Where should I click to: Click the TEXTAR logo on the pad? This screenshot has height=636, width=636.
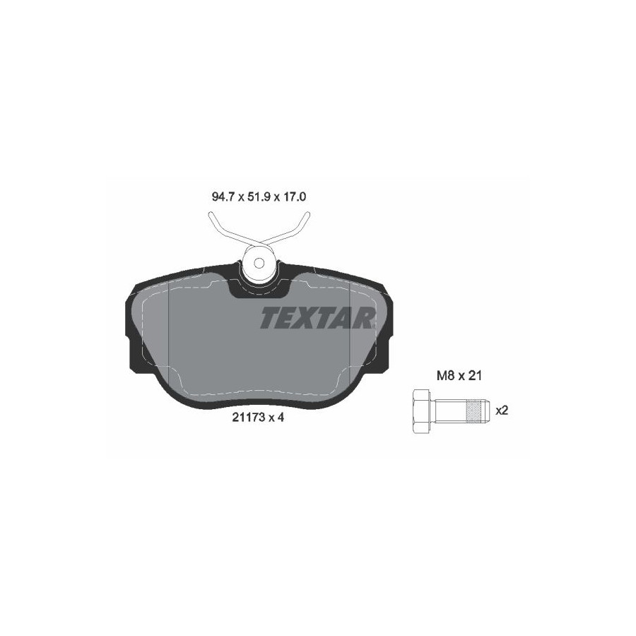click(317, 317)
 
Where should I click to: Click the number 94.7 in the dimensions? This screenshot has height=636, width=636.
click(224, 197)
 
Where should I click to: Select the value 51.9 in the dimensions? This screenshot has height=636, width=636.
click(259, 197)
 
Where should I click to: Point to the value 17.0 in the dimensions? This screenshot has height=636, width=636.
click(294, 197)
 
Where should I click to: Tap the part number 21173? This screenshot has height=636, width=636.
click(248, 418)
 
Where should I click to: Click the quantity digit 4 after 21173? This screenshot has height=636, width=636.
click(281, 418)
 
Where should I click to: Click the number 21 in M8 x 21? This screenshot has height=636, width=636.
click(476, 376)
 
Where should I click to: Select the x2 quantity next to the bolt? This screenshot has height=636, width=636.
click(502, 411)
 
